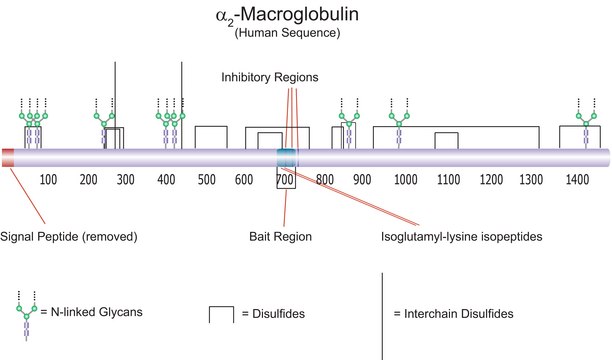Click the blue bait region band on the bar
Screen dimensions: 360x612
[x=287, y=156]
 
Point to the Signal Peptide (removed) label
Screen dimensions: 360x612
[x=69, y=237]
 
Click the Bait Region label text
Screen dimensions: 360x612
[x=280, y=237]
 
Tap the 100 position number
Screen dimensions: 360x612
[x=47, y=180]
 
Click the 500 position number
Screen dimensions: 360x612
[x=207, y=180]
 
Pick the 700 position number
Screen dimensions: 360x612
[x=286, y=180]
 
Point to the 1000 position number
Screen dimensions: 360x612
[x=406, y=180]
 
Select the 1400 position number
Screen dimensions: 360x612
[x=576, y=180]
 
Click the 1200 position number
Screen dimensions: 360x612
[x=492, y=180]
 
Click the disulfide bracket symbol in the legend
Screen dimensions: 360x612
[x=221, y=313]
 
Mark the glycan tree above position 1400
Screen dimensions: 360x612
[x=581, y=125]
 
